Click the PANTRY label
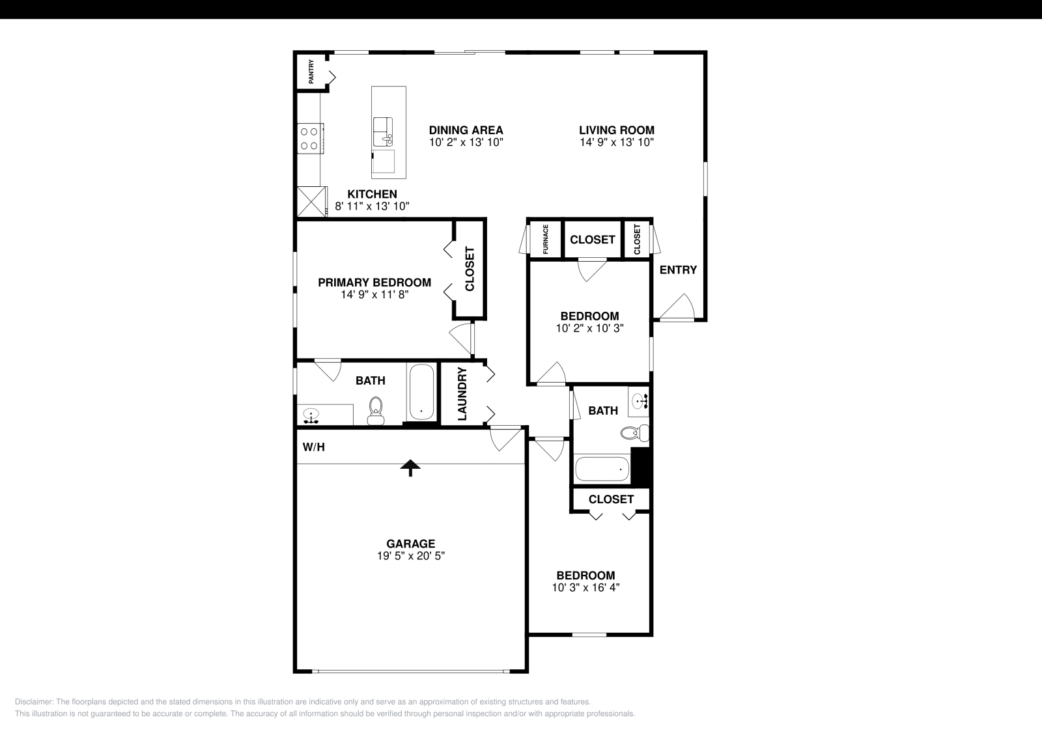(x=311, y=72)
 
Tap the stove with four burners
(x=309, y=139)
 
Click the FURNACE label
(x=546, y=239)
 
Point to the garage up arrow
(x=410, y=467)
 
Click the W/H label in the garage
(x=313, y=447)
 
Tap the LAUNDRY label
(x=462, y=394)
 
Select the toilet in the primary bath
(x=376, y=410)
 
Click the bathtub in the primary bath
(x=421, y=393)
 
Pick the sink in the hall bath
(x=638, y=402)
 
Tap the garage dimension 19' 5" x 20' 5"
(x=410, y=556)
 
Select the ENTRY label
(x=678, y=270)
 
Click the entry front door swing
(x=679, y=309)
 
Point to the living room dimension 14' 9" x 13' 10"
(x=616, y=142)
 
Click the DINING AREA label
(x=466, y=130)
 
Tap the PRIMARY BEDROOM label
(x=374, y=283)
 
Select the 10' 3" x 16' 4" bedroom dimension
(x=585, y=587)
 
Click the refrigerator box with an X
(x=311, y=202)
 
